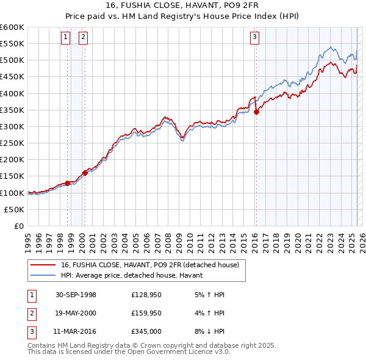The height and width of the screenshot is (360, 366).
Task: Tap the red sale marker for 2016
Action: tap(256, 112)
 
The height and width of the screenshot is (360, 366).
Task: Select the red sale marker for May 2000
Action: tap(85, 173)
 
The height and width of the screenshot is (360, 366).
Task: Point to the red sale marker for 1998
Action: tap(67, 183)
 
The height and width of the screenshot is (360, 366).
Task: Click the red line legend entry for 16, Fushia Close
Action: tap(153, 265)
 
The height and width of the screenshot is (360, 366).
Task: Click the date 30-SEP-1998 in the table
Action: tap(76, 295)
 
